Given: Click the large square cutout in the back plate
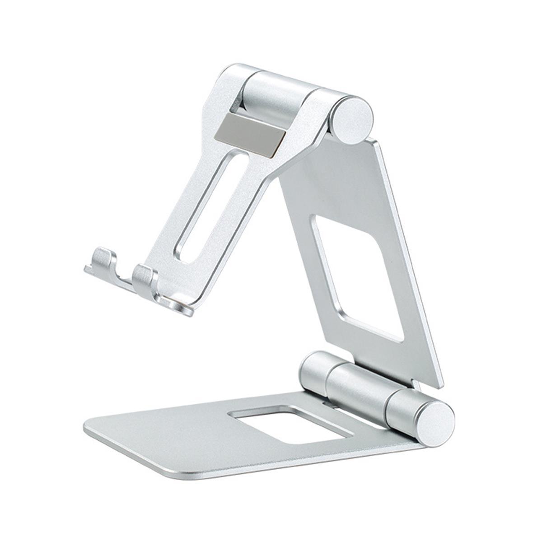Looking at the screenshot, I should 357,276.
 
